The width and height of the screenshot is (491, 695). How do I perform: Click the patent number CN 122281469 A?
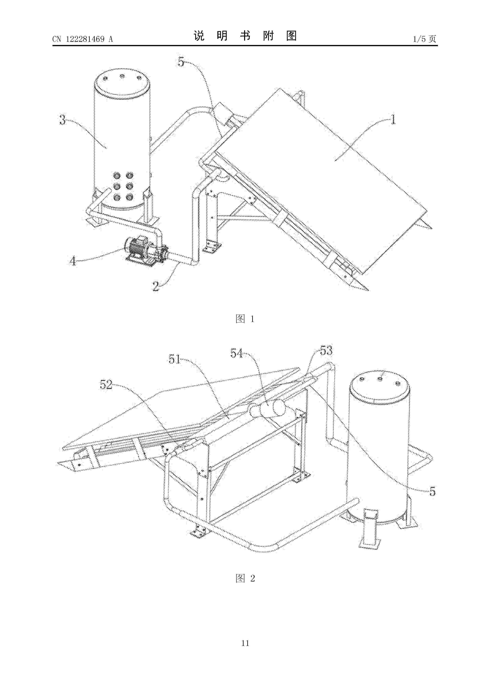point(82,39)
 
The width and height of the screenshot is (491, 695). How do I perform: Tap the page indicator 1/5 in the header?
point(419,39)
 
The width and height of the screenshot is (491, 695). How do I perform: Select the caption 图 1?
point(245,319)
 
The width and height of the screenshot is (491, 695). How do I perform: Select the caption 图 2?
point(245,579)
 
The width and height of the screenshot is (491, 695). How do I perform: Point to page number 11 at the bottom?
point(245,651)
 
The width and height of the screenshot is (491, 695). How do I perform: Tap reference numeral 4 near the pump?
point(73,261)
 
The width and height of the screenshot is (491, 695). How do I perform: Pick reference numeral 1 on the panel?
point(393,120)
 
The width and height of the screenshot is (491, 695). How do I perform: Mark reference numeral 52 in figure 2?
point(106,385)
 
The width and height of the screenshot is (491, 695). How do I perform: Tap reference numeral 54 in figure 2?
point(237,353)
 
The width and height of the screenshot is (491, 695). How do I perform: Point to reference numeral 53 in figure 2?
point(326,350)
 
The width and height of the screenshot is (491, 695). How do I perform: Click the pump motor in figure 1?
point(138,247)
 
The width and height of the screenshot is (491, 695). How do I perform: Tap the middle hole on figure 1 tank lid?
point(122,76)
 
